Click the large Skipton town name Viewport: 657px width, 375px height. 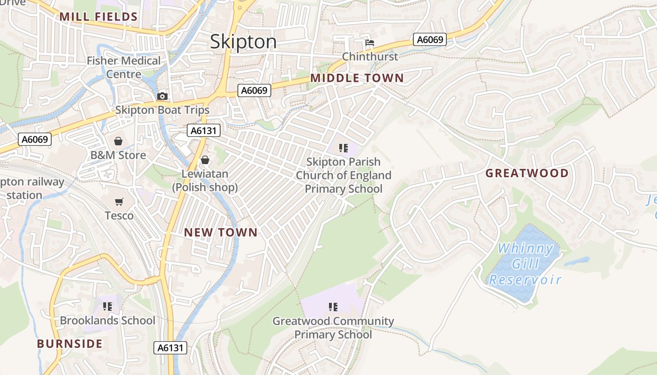tap(243, 42)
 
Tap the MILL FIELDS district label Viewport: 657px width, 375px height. tap(99, 17)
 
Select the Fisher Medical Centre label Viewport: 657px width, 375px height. tap(123, 67)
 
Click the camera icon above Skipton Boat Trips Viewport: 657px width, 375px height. tap(162, 96)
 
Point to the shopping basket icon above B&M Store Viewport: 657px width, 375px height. tap(118, 141)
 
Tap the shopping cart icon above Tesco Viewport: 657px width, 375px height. tap(119, 202)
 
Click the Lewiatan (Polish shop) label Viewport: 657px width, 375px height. tap(205, 180)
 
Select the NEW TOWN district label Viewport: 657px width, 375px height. tap(221, 232)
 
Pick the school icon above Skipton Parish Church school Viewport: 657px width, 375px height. tap(344, 148)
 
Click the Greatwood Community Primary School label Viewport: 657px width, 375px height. tap(333, 328)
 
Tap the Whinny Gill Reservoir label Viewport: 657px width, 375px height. tap(525, 264)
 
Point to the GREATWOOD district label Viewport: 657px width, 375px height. tap(527, 173)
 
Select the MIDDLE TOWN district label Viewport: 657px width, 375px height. tap(357, 78)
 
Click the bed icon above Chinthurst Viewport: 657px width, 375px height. tap(370, 43)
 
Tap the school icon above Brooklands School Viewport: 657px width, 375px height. tap(107, 307)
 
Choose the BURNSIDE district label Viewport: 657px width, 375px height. tap(69, 344)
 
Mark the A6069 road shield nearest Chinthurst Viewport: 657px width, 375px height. tap(429, 39)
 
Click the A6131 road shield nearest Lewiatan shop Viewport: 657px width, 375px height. tap(204, 130)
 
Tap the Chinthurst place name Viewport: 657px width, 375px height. tap(370, 57)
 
